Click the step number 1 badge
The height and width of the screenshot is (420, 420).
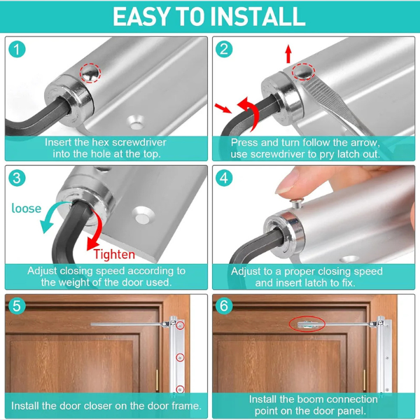click(x=17, y=49)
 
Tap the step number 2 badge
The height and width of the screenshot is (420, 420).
click(x=224, y=49)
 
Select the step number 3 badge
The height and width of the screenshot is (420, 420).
click(x=17, y=178)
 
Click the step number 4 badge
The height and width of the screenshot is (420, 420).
click(x=224, y=178)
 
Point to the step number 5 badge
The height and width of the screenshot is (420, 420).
click(x=17, y=306)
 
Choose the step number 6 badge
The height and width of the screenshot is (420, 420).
click(x=224, y=306)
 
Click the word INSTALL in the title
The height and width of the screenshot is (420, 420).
click(x=258, y=17)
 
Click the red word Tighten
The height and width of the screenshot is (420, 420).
click(x=114, y=254)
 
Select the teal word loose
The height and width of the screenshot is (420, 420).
click(x=27, y=209)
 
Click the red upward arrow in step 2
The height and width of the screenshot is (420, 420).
click(x=288, y=54)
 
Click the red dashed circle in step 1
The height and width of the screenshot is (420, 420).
click(x=90, y=73)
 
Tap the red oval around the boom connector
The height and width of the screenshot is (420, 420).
click(x=307, y=324)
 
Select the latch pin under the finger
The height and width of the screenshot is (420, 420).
click(x=297, y=203)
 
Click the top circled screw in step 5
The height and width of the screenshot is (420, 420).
click(x=181, y=325)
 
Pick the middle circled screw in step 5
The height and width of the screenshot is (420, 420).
click(x=181, y=357)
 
